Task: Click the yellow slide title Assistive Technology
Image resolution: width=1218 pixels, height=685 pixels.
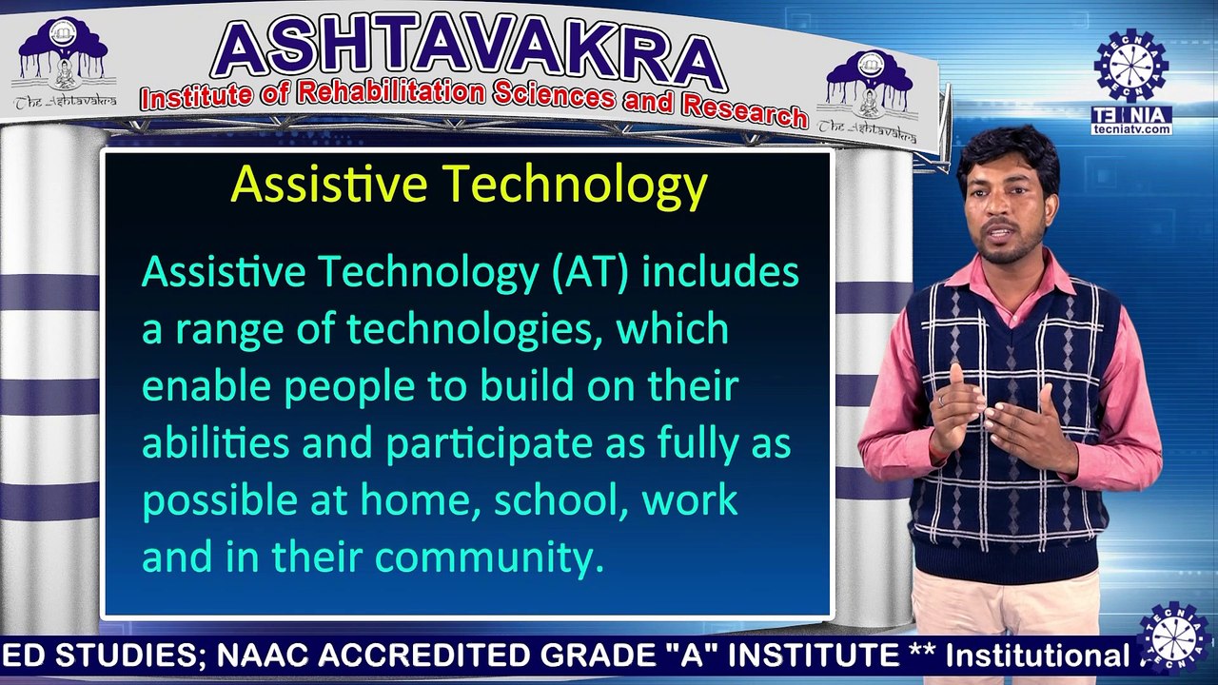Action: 468,185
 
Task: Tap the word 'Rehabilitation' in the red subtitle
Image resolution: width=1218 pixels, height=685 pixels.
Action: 391,93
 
